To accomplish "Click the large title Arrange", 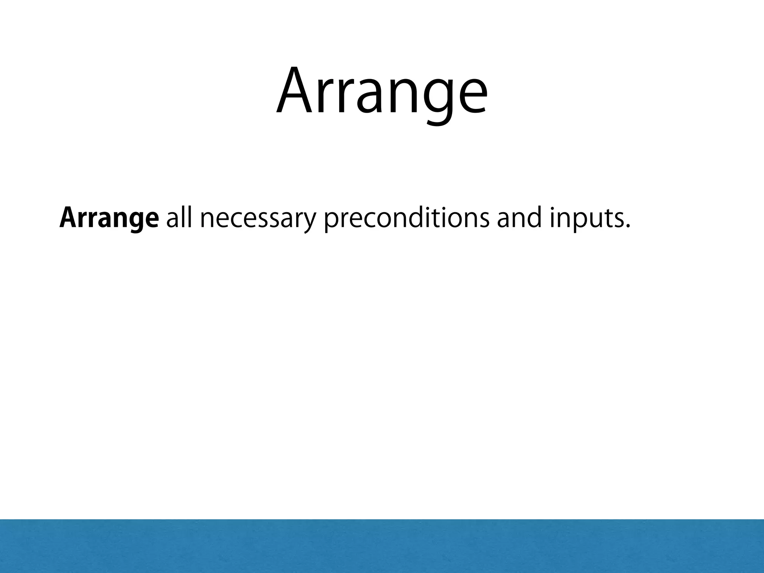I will [382, 91].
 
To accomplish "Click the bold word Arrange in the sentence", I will [109, 219].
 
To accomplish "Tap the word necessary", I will [258, 219].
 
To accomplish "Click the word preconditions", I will [406, 219].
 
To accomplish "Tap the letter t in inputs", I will [604, 219].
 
